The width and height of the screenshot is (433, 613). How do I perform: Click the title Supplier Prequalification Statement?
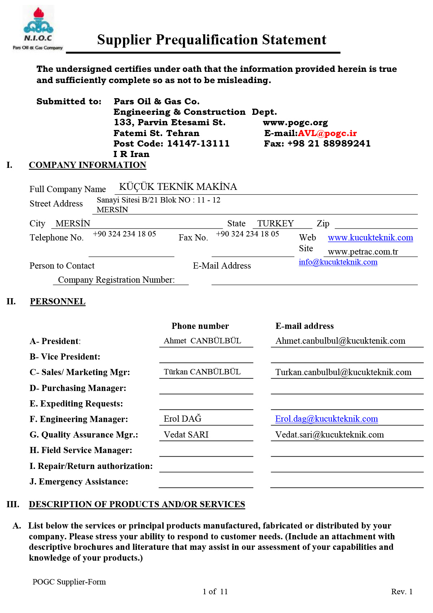pos(211,40)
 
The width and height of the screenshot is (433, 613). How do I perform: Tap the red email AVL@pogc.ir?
pos(327,133)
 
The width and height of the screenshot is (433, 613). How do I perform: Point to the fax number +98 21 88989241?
pos(329,144)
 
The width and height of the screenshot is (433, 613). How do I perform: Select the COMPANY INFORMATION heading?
pos(87,165)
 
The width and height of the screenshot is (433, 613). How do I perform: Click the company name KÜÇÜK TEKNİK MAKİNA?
pos(178,187)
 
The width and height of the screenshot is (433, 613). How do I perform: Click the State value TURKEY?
pos(275,223)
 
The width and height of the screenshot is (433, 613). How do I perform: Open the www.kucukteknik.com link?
pos(370,238)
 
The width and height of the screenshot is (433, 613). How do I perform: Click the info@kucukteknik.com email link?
pos(338,262)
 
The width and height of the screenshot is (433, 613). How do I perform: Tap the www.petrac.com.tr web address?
pos(363,252)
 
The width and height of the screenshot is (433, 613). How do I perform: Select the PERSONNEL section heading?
pos(58,301)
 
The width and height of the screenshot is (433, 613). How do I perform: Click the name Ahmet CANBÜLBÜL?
pos(202,341)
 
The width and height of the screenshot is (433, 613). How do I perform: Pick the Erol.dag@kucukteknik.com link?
pos(327,419)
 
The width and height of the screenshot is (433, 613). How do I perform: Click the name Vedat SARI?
pos(186,435)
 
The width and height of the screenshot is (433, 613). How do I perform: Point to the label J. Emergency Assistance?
pos(79,482)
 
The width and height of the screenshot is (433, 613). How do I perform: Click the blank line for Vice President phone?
pos(206,358)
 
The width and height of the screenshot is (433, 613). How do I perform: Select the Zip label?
pos(323,223)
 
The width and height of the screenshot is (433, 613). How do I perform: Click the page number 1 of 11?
pos(215,591)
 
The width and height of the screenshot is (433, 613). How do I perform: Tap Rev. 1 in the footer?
pos(402,591)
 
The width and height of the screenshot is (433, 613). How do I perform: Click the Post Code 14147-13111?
pos(198,144)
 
